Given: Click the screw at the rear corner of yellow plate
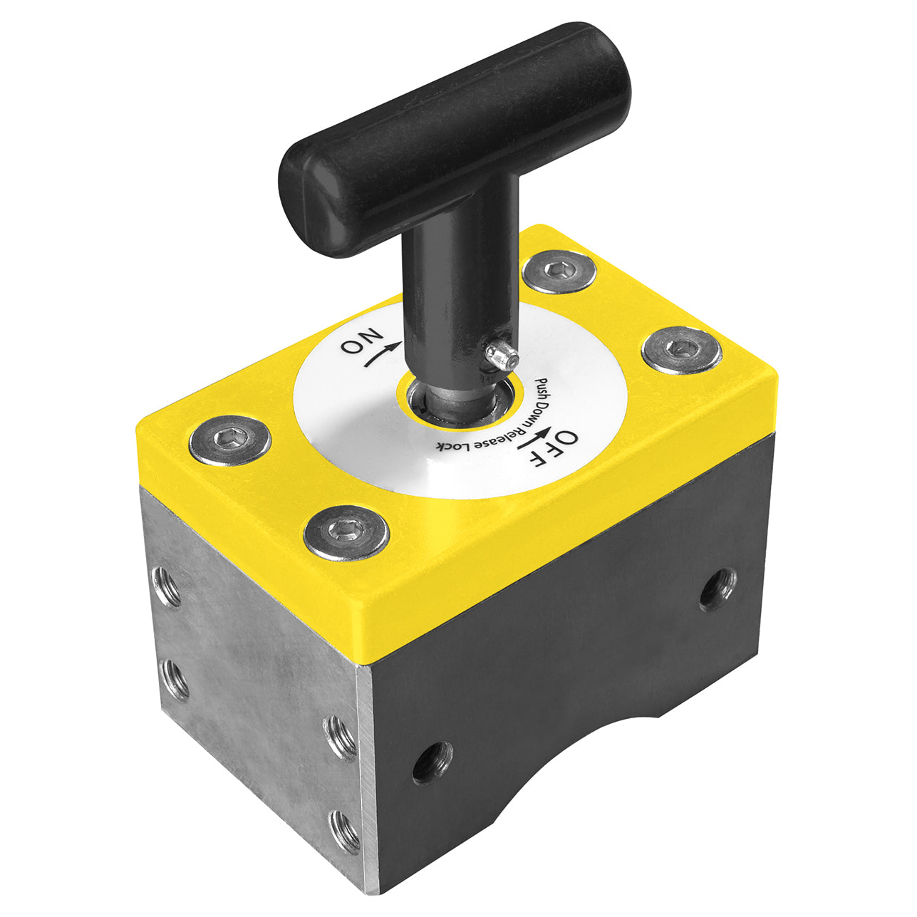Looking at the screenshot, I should [559, 271].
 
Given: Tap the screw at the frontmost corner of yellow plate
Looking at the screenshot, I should [346, 532].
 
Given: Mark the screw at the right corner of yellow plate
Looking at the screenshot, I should [681, 349].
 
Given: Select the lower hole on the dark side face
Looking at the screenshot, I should [432, 761].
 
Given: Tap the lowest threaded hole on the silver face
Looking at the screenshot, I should [346, 831].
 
